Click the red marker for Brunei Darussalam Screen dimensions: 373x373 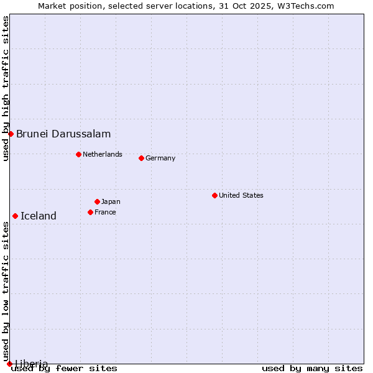tap(11, 134)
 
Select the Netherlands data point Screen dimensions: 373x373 tap(78, 154)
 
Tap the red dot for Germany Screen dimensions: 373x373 tap(141, 158)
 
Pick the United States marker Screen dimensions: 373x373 tap(214, 195)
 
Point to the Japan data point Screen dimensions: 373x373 tap(97, 201)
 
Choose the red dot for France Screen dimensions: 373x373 tap(90, 212)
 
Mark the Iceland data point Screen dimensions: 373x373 tap(15, 216)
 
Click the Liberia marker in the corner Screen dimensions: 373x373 tap(9, 364)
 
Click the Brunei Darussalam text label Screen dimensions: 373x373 tap(63, 134)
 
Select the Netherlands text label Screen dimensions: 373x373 tap(103, 154)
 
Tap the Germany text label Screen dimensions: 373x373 tap(160, 158)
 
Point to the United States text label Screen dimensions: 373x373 tap(241, 195)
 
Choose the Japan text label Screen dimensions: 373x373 tap(111, 201)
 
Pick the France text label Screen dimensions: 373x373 tap(105, 212)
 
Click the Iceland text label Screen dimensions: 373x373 tap(39, 216)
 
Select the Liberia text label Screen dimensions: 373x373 tap(32, 363)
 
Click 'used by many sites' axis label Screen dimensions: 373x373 tap(312, 368)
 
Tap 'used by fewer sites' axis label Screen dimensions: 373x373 tap(65, 368)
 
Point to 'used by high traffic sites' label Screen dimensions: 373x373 tap(6, 88)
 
